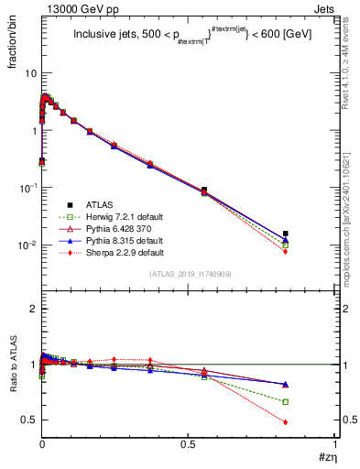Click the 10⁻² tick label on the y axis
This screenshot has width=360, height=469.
tap(27, 245)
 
